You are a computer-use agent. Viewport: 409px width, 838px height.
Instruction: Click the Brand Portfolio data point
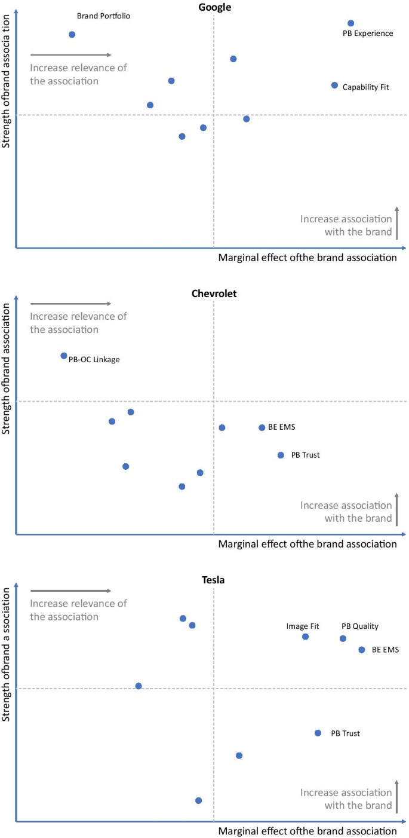coord(72,35)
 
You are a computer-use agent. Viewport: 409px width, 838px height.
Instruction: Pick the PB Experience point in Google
coord(351,23)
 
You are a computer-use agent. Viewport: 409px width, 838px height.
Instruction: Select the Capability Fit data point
coord(335,85)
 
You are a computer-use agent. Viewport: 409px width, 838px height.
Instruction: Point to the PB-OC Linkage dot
coord(64,356)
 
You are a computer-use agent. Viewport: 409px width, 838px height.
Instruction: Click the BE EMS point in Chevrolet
coord(262,427)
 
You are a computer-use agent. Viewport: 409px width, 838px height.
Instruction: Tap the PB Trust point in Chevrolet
coord(281,455)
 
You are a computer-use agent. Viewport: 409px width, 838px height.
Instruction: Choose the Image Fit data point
coord(305,637)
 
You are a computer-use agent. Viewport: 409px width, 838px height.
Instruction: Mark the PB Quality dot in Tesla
coord(343,638)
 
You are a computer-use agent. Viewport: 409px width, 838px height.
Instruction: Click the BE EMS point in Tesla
coord(362,650)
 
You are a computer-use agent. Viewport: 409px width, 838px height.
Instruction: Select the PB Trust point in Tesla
coord(318,733)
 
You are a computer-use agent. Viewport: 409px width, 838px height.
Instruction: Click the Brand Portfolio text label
coord(103,16)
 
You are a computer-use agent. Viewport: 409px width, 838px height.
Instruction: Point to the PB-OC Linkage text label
coord(94,359)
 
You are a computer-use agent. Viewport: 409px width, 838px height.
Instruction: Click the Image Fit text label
coord(303,626)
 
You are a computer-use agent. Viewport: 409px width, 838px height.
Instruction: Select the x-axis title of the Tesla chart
coord(307,831)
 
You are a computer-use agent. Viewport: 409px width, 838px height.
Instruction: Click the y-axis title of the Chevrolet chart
coord(8,368)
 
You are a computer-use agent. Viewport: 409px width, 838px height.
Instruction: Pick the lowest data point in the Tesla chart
coord(198,800)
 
